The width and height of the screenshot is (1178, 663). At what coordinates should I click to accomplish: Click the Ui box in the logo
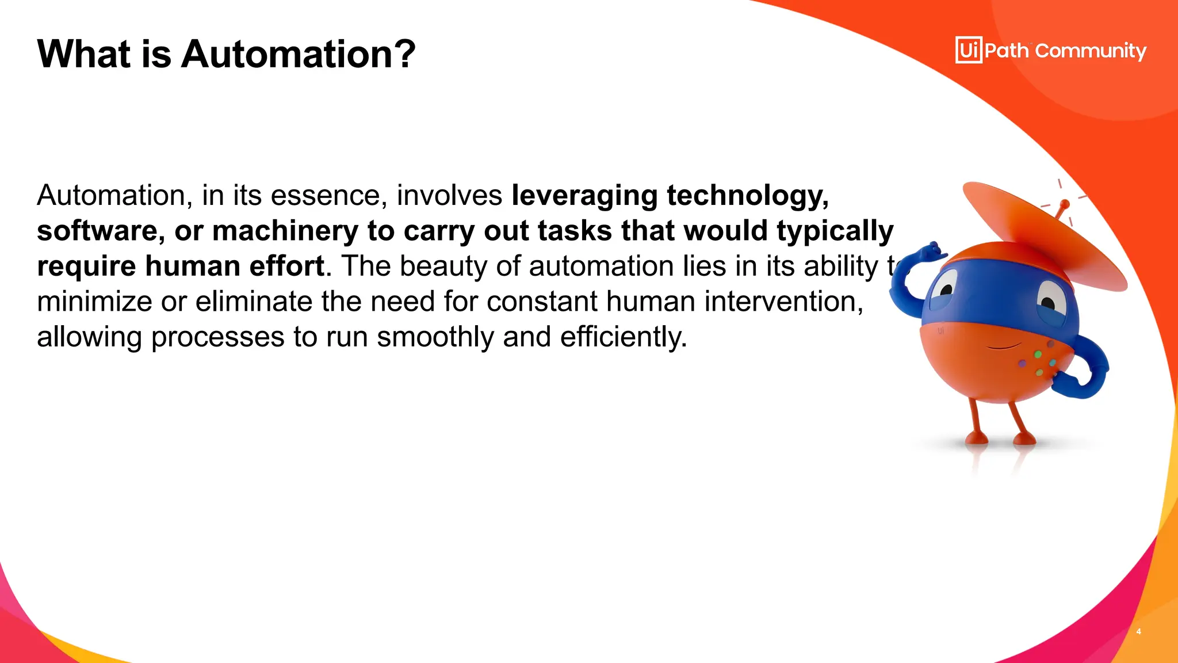(969, 50)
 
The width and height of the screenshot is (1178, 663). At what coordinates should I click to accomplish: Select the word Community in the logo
(1091, 51)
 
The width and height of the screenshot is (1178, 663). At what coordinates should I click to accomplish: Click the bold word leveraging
(584, 196)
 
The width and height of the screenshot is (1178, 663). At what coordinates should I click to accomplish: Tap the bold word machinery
(285, 231)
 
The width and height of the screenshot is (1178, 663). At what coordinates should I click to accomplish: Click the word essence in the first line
(328, 196)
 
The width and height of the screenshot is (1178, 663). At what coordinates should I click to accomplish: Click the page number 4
(1138, 631)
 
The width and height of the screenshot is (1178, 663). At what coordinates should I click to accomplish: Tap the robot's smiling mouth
(1004, 346)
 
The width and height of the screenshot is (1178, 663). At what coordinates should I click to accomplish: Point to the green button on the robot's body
(1038, 355)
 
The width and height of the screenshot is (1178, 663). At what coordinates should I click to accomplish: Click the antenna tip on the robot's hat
(1065, 204)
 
